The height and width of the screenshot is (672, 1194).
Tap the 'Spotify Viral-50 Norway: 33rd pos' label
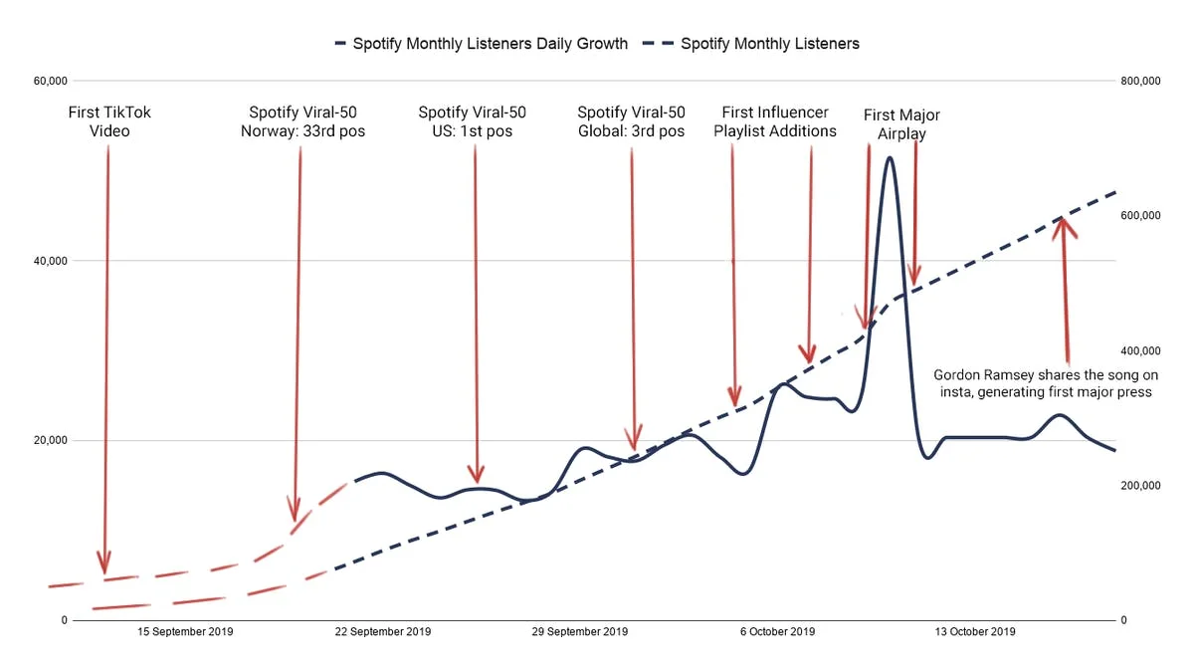click(302, 122)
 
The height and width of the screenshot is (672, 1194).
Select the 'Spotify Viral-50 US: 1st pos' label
click(473, 122)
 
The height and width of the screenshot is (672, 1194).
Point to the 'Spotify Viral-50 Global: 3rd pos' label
click(631, 122)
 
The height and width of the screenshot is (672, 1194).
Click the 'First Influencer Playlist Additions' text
click(774, 122)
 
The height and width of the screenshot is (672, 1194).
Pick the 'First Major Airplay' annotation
click(901, 124)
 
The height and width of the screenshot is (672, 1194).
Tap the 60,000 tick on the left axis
click(50, 81)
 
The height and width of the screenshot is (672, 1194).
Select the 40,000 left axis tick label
click(50, 261)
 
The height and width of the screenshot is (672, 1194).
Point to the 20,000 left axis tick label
click(50, 441)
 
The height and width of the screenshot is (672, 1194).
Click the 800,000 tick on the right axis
click(1140, 81)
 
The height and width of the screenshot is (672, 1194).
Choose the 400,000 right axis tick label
click(1140, 350)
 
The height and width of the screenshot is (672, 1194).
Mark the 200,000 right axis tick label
click(1140, 486)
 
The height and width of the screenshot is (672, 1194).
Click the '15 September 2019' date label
click(185, 631)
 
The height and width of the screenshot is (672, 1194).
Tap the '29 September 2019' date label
click(580, 631)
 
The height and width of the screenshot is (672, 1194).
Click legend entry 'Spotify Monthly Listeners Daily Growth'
click(482, 44)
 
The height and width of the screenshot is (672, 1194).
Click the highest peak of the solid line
click(890, 157)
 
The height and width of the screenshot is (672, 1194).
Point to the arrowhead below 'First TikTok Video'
click(104, 564)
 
